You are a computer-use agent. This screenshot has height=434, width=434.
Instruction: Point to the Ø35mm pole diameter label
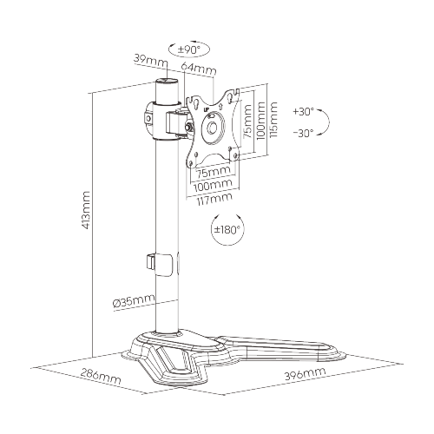(x=133, y=300)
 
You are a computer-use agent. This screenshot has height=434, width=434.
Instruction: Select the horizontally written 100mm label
(x=214, y=185)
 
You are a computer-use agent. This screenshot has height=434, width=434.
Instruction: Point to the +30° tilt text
(x=305, y=112)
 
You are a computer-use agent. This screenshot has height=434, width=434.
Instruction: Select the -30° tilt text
(x=305, y=134)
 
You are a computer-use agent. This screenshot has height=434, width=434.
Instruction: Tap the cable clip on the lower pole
(x=153, y=261)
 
